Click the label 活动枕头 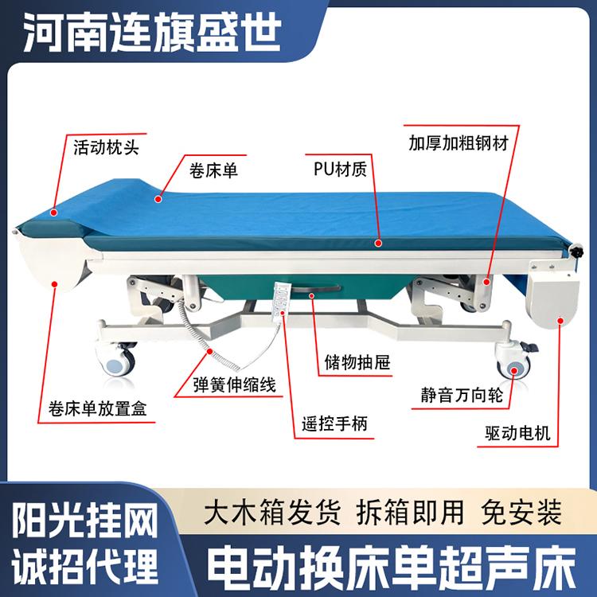pos(106,147)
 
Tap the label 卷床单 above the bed pos(213,170)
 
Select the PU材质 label pos(340,169)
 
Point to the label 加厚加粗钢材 pos(458,143)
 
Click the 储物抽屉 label pos(357,362)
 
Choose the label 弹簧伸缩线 pos(234,384)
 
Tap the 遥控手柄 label pos(334,423)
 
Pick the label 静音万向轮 pos(462,395)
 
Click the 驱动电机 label pos(517,433)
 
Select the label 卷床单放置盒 pos(97,409)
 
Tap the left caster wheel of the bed pos(119,362)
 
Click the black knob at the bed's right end pos(576,252)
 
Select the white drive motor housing pos(552,293)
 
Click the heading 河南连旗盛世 pos(152,32)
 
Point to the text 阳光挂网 pos(85,520)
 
